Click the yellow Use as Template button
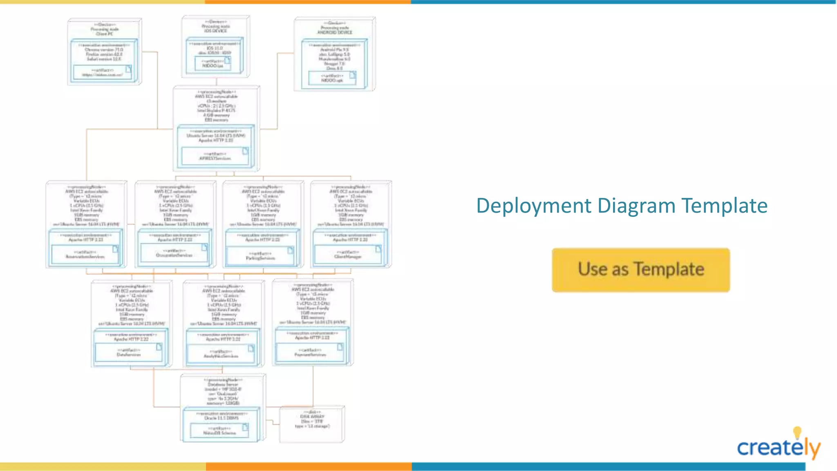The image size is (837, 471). pyautogui.click(x=640, y=270)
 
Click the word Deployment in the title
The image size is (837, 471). pyautogui.click(x=534, y=206)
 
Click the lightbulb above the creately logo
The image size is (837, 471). pyautogui.click(x=797, y=432)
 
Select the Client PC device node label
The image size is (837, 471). pyautogui.click(x=105, y=34)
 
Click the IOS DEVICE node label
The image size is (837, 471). pyautogui.click(x=215, y=31)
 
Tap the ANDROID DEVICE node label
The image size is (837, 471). pyautogui.click(x=335, y=32)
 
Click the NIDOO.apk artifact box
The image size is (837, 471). pyautogui.click(x=332, y=78)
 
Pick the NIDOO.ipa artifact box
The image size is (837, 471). pyautogui.click(x=213, y=63)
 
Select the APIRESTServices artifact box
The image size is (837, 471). pyautogui.click(x=215, y=156)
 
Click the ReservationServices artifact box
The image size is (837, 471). pyautogui.click(x=85, y=255)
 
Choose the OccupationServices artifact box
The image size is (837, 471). pyautogui.click(x=174, y=253)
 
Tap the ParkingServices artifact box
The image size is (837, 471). pyautogui.click(x=260, y=256)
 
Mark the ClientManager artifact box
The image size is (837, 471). pyautogui.click(x=348, y=255)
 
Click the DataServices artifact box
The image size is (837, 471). pyautogui.click(x=129, y=352)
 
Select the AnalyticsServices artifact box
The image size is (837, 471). pyautogui.click(x=221, y=354)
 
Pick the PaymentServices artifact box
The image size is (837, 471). pyautogui.click(x=310, y=352)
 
